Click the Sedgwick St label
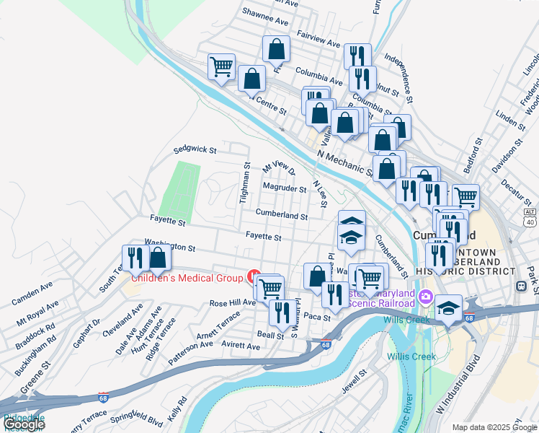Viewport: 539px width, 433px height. pyautogui.click(x=195, y=151)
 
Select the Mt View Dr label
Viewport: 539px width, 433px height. pyautogui.click(x=279, y=169)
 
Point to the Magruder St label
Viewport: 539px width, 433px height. pyautogui.click(x=284, y=189)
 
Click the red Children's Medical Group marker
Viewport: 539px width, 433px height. pyautogui.click(x=253, y=276)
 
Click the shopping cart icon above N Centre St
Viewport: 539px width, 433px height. pyautogui.click(x=222, y=66)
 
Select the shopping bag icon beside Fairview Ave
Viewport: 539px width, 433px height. pyautogui.click(x=276, y=49)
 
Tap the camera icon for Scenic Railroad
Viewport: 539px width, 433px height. pyautogui.click(x=425, y=297)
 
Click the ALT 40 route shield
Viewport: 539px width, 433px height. pyautogui.click(x=530, y=217)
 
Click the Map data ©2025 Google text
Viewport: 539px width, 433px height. pyautogui.click(x=494, y=427)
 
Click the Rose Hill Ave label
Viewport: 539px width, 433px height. pyautogui.click(x=232, y=303)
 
